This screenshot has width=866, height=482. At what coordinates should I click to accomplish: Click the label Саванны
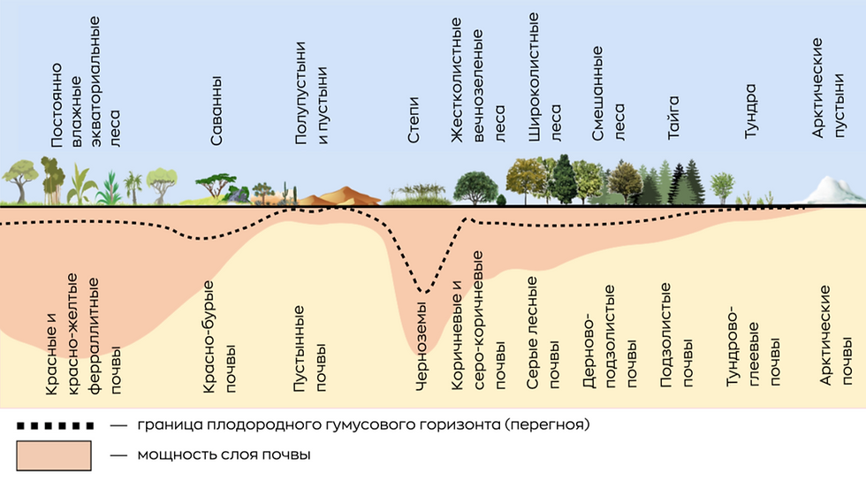(x=216, y=111)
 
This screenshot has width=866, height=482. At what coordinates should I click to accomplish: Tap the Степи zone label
(x=414, y=120)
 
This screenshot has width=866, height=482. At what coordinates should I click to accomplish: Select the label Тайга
(x=673, y=118)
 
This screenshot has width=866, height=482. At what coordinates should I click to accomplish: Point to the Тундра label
(x=750, y=111)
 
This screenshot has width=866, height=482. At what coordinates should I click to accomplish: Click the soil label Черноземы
(x=421, y=346)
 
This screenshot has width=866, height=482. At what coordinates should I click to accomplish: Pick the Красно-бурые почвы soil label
(x=219, y=337)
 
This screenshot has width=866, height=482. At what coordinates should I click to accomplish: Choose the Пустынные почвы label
(x=310, y=348)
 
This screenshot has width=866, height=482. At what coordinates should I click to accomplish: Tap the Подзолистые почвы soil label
(x=677, y=335)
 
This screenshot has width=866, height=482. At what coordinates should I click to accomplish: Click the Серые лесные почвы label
(x=543, y=333)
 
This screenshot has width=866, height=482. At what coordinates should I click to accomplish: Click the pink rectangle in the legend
(x=54, y=455)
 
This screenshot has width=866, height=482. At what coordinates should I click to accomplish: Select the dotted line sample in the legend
(x=55, y=425)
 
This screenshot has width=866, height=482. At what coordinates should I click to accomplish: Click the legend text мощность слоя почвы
(x=224, y=455)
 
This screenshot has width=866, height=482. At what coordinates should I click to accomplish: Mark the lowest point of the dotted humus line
(x=423, y=291)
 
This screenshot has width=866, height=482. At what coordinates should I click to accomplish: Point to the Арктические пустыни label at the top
(x=828, y=88)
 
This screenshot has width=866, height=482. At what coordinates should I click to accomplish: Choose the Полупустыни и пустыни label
(x=311, y=93)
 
